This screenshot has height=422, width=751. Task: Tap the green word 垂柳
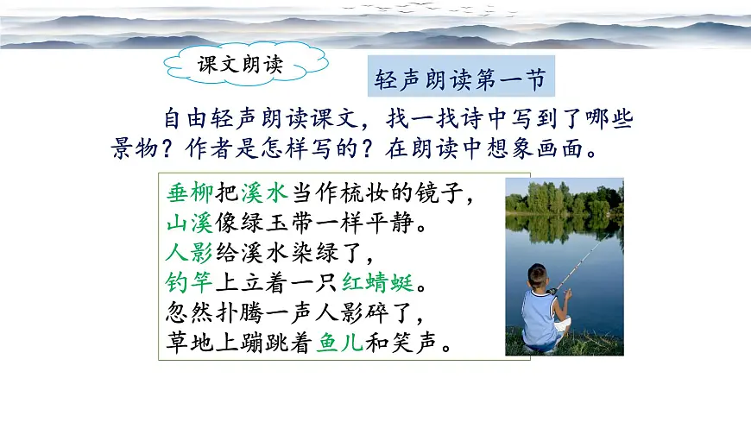coord(187,193)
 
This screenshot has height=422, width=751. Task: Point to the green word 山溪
coord(187,224)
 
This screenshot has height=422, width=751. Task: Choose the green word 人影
coord(187,254)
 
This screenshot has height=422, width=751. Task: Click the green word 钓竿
coord(187,284)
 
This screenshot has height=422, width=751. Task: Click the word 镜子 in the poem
coord(449,193)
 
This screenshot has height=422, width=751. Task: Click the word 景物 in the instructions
coord(131,148)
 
